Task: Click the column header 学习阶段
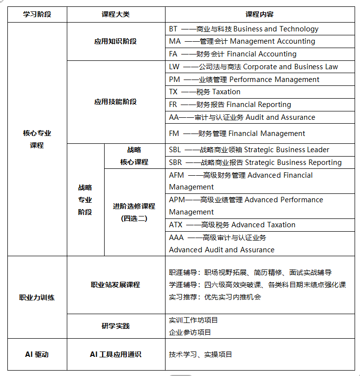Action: (x=37, y=15)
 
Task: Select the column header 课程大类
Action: (x=115, y=15)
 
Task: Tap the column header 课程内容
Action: (x=260, y=15)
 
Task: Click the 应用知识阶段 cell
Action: (x=115, y=42)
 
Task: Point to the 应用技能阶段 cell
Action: (x=115, y=102)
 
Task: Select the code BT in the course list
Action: (x=173, y=29)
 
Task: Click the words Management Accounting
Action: (x=272, y=42)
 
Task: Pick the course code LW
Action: (x=174, y=67)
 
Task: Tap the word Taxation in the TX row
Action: (x=226, y=92)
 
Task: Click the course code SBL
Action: (x=175, y=150)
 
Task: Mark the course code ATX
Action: (x=176, y=225)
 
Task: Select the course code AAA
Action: (x=176, y=238)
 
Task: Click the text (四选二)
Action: (x=134, y=218)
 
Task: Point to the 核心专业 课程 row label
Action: (x=37, y=139)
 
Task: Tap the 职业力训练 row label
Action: (x=37, y=297)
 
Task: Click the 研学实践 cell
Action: (x=115, y=326)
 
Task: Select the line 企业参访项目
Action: (x=190, y=332)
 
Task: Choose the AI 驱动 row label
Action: (x=37, y=354)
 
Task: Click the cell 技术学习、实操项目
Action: (x=200, y=354)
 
